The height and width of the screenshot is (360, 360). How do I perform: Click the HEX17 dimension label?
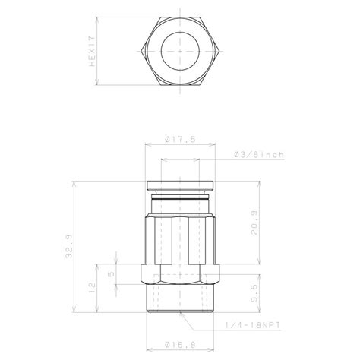click(x=92, y=53)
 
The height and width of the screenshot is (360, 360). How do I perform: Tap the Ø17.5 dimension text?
click(x=180, y=139)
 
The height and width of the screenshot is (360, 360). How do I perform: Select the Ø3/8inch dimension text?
click(x=258, y=155)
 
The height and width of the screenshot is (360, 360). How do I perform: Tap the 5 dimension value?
click(x=112, y=274)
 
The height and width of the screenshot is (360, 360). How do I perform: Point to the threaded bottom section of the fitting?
click(x=180, y=304)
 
